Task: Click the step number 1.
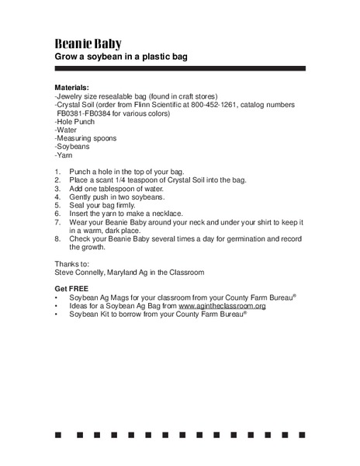tap(57, 172)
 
